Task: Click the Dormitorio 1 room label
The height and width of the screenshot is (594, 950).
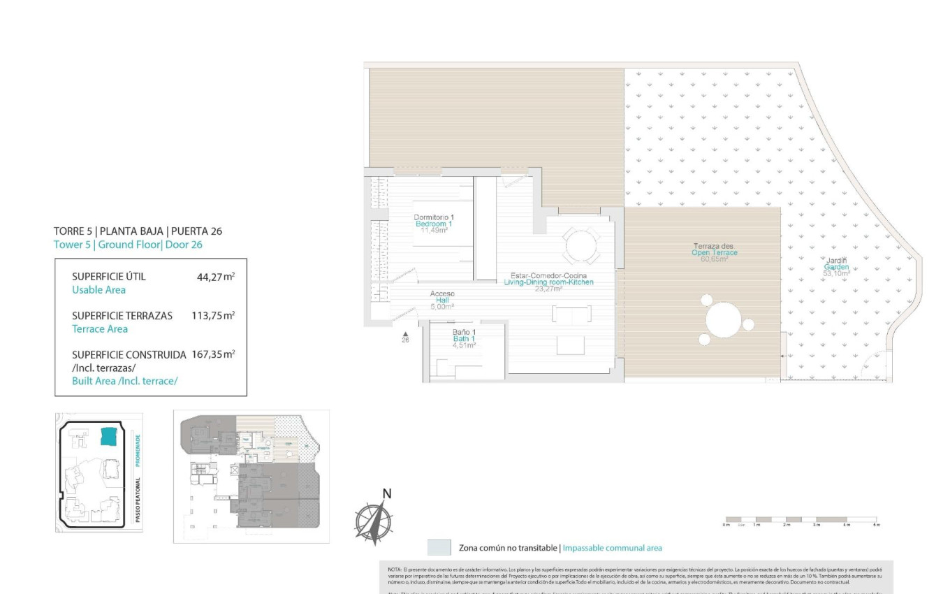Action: pyautogui.click(x=434, y=217)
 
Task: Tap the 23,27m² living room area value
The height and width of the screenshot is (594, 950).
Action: pyautogui.click(x=548, y=289)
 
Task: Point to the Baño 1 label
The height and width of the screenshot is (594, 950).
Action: pyautogui.click(x=464, y=332)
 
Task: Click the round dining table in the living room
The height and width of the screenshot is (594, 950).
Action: pyautogui.click(x=581, y=245)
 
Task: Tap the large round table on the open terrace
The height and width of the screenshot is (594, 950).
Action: pyautogui.click(x=724, y=321)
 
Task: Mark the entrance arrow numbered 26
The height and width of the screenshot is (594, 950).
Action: pyautogui.click(x=405, y=336)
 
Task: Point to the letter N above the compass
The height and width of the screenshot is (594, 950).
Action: pyautogui.click(x=387, y=494)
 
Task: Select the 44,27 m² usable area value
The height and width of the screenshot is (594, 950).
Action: pyautogui.click(x=215, y=277)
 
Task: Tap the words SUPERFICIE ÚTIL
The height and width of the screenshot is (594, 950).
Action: pyautogui.click(x=108, y=277)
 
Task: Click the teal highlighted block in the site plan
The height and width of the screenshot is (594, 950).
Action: pyautogui.click(x=108, y=436)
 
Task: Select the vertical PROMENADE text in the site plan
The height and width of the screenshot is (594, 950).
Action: pyautogui.click(x=138, y=450)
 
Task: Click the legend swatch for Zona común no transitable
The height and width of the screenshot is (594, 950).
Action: pyautogui.click(x=439, y=547)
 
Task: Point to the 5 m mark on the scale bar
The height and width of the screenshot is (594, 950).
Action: pyautogui.click(x=877, y=525)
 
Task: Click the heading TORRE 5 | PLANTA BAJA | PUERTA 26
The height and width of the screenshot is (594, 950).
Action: pyautogui.click(x=138, y=231)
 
